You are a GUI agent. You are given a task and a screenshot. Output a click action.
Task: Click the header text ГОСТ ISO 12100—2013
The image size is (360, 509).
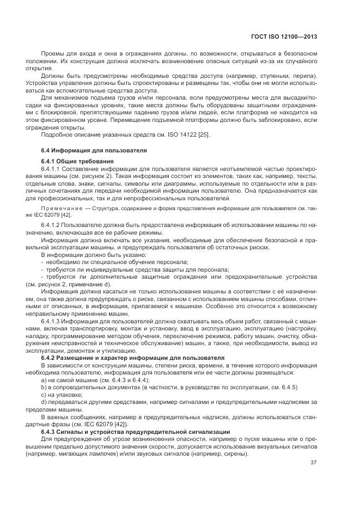(286, 37)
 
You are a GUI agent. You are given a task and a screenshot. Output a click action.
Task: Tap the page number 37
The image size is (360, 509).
(313, 463)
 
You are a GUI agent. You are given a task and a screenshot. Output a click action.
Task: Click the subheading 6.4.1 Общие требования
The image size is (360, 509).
(77, 162)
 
